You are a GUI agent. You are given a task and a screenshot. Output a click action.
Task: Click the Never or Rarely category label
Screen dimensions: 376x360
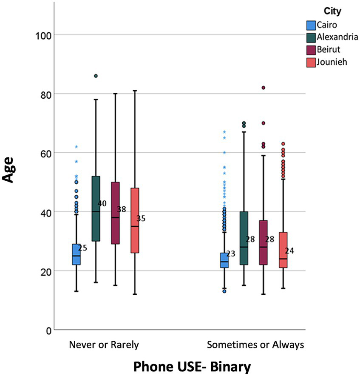104,345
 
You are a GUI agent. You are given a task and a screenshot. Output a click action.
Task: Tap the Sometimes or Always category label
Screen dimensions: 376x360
255,345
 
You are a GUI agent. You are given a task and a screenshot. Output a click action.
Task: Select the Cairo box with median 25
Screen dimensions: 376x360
76,254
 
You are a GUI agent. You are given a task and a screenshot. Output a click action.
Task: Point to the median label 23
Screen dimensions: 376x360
231,254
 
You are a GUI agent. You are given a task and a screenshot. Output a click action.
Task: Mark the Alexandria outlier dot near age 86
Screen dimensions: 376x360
96,76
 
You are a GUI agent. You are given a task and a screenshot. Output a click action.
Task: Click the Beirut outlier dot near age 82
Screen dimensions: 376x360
264,88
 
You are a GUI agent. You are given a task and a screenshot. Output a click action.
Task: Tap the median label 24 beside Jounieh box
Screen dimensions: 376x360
289,251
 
